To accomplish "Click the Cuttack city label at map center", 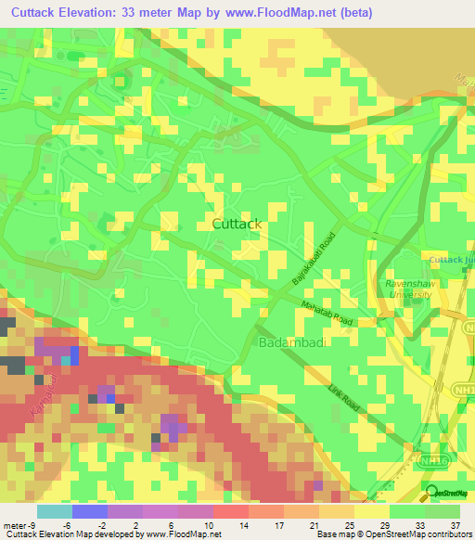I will [237, 224].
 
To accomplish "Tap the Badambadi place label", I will [291, 343].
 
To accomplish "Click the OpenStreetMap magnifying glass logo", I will [431, 492].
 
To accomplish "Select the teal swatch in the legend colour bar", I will [55, 510].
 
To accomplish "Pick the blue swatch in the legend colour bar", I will [90, 510].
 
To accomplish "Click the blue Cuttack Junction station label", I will [452, 259].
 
